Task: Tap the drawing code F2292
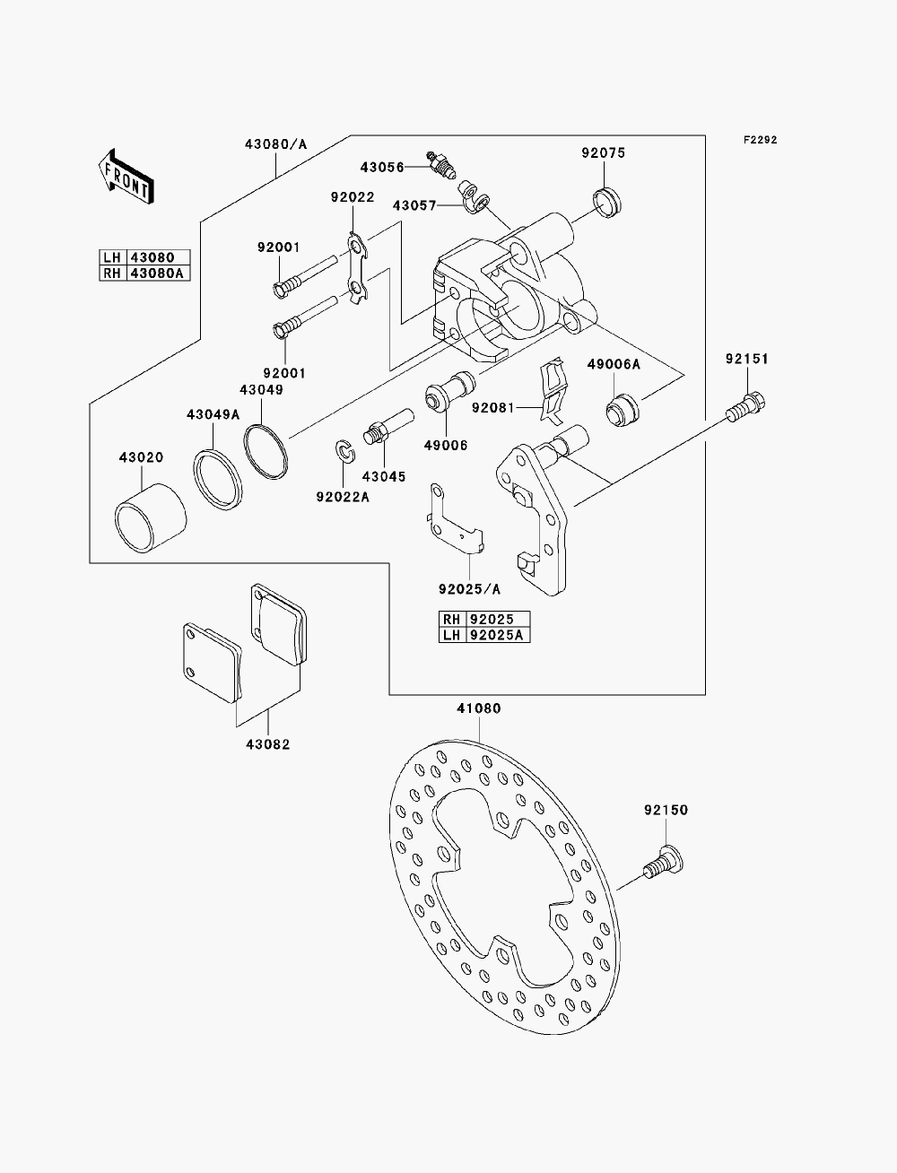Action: pyautogui.click(x=760, y=140)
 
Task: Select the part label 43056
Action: pyautogui.click(x=382, y=168)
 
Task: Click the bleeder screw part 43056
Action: pyautogui.click(x=441, y=165)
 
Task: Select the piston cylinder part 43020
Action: pyautogui.click(x=150, y=517)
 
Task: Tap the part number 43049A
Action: pyautogui.click(x=213, y=414)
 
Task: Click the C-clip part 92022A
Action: pyautogui.click(x=345, y=452)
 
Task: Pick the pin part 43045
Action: pyautogui.click(x=388, y=425)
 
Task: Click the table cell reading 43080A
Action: pyautogui.click(x=157, y=274)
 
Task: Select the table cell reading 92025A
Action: pyautogui.click(x=497, y=635)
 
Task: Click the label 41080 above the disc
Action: pyautogui.click(x=478, y=708)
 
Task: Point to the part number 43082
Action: pyautogui.click(x=268, y=744)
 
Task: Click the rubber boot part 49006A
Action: pyautogui.click(x=623, y=411)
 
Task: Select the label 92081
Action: pyautogui.click(x=492, y=408)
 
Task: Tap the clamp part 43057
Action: pyautogui.click(x=473, y=196)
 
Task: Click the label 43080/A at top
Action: pyautogui.click(x=276, y=144)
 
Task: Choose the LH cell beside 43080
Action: pyautogui.click(x=112, y=257)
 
